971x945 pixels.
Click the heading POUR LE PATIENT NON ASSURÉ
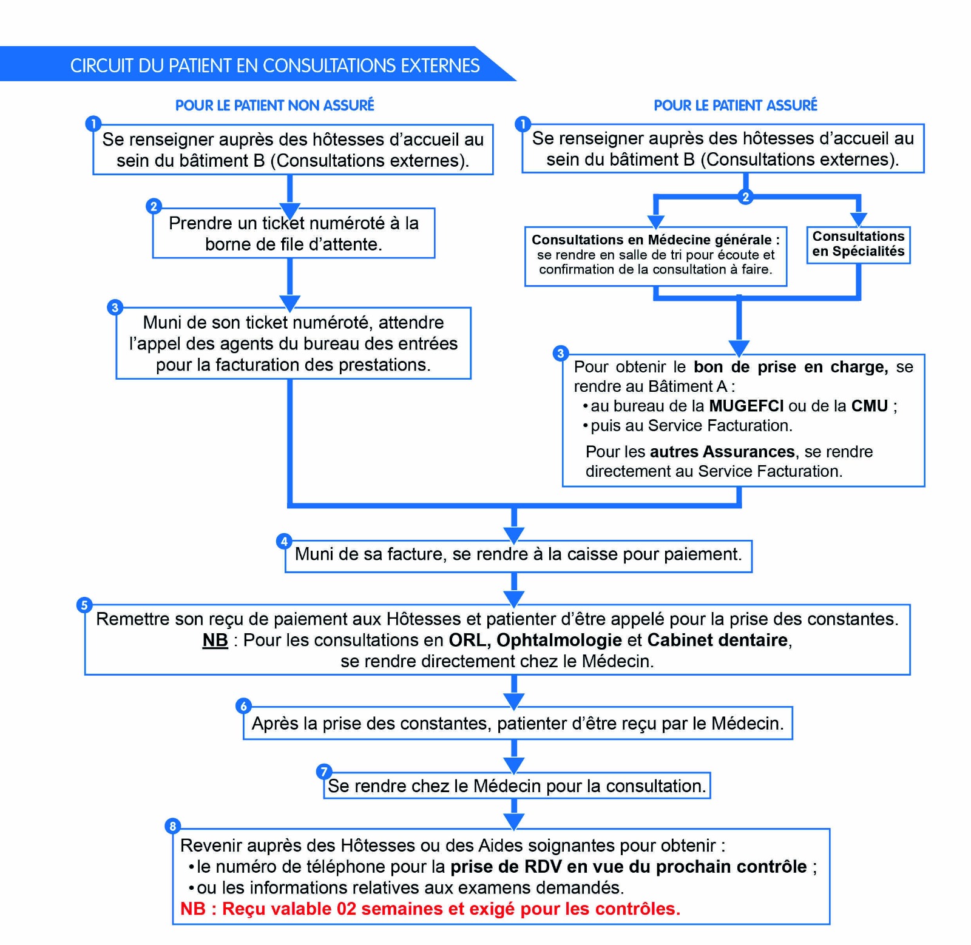tap(274, 106)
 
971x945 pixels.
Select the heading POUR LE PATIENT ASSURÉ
tap(735, 106)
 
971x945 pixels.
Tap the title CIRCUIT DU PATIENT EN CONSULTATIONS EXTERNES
tap(274, 66)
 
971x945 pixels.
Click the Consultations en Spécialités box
tap(858, 244)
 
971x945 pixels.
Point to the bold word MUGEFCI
tap(746, 406)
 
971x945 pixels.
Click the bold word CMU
tap(869, 406)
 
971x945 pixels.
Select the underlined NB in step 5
tap(215, 641)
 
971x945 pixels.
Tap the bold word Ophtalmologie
tap(559, 641)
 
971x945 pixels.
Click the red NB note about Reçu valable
tap(430, 909)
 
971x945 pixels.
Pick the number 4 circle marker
tap(284, 541)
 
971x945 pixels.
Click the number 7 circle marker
tap(324, 772)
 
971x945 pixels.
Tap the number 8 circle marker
tap(173, 826)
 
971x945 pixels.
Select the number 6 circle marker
tap(243, 706)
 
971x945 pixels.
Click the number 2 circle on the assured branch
tap(745, 197)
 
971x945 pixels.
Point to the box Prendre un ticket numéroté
tap(294, 234)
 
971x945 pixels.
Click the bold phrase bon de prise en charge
tap(790, 367)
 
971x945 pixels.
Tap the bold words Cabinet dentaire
tap(718, 641)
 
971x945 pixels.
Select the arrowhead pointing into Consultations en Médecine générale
tap(656, 221)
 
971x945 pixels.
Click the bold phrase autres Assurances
tap(722, 452)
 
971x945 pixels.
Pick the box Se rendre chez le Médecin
tap(516, 786)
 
